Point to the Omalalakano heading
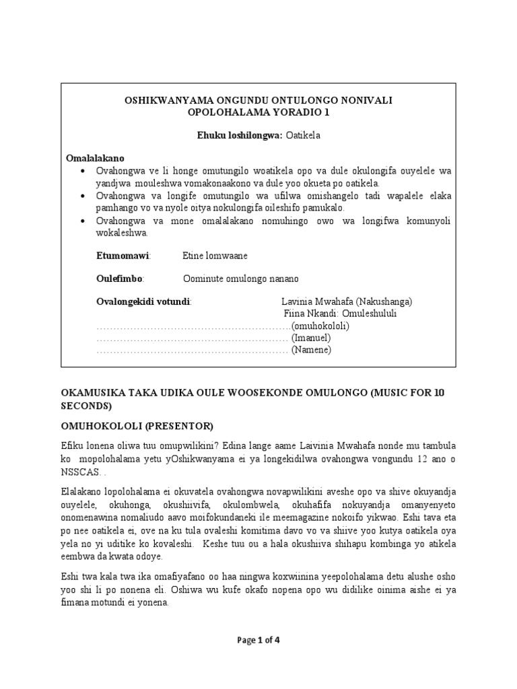[96, 158]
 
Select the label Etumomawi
[124, 256]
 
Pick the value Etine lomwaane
[214, 256]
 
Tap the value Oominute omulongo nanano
[240, 279]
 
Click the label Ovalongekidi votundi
[144, 301]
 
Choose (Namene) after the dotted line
[311, 350]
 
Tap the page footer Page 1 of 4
[258, 640]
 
